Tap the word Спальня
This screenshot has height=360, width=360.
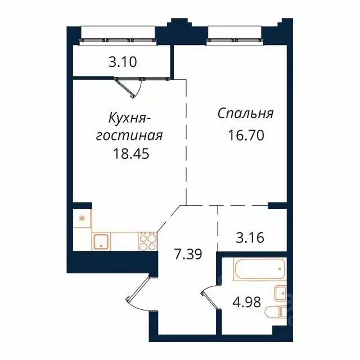click(x=246, y=114)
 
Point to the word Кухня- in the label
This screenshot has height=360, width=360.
click(x=129, y=119)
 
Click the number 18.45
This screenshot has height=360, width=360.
click(x=130, y=153)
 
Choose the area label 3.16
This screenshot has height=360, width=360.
click(x=245, y=236)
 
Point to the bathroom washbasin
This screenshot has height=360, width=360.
click(x=280, y=292)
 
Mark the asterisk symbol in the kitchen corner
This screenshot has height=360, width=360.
click(x=81, y=218)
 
